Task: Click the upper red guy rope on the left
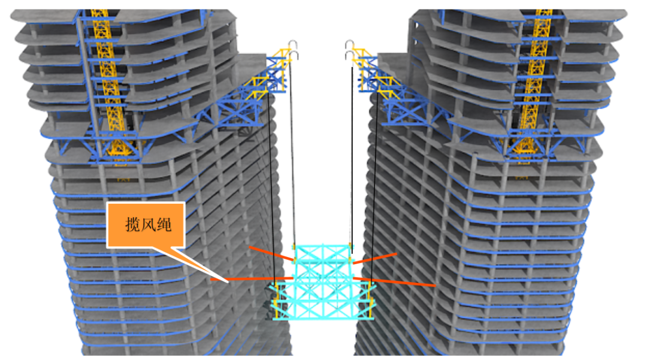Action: pos(270,253)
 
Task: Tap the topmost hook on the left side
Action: pos(293,43)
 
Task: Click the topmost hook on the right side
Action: pos(349,43)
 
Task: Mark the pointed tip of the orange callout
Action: pos(226,280)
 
